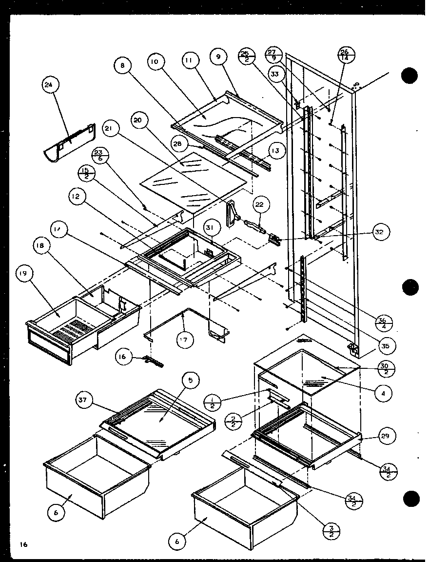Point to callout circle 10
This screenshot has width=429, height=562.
click(156, 62)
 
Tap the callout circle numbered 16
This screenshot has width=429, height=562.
click(123, 357)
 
